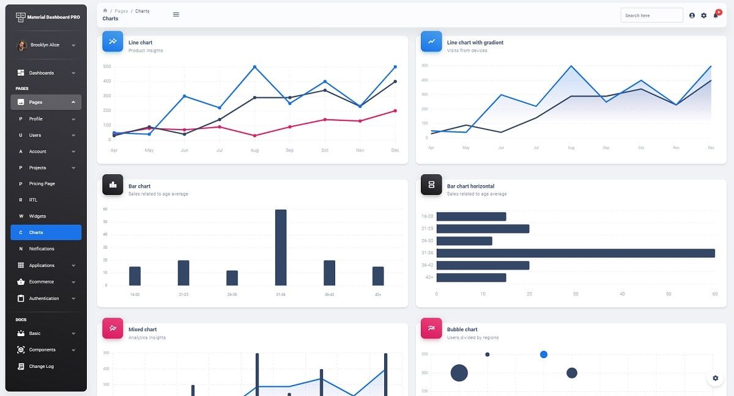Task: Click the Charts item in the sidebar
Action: (x=45, y=232)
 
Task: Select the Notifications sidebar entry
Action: (x=45, y=249)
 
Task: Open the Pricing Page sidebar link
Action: (x=45, y=184)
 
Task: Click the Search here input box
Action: (x=651, y=15)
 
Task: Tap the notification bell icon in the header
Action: (x=716, y=15)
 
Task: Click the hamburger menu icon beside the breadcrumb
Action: (x=176, y=14)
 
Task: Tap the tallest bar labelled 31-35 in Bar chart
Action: (x=281, y=248)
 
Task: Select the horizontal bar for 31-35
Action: (x=575, y=253)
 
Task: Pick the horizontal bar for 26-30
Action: (x=464, y=241)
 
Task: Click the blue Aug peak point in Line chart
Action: (x=254, y=67)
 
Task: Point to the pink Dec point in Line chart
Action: (x=395, y=111)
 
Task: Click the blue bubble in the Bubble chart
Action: (x=544, y=354)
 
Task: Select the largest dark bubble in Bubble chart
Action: (x=459, y=373)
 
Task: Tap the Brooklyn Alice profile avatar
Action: (x=21, y=45)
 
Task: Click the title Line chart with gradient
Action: (x=475, y=43)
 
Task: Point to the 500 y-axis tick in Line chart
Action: (x=107, y=67)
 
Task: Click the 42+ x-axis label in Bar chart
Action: (x=378, y=295)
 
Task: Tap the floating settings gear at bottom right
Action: (x=715, y=378)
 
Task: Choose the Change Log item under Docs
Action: (x=42, y=366)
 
